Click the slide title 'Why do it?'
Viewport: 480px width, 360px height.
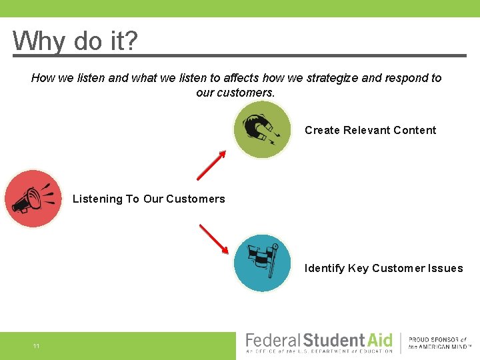[75, 41]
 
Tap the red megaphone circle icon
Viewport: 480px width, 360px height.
[33, 199]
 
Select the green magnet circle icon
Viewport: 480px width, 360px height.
[262, 129]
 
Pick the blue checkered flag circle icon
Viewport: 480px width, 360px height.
[262, 263]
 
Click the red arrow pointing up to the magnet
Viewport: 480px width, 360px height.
[211, 165]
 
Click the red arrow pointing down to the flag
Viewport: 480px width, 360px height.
[213, 239]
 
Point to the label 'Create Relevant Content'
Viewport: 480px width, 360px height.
[370, 130]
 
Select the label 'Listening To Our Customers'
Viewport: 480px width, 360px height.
[149, 199]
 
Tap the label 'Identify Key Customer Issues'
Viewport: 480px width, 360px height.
[383, 268]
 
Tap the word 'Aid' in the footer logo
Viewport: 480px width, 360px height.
[381, 340]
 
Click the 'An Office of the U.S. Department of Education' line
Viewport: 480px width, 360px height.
[319, 351]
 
